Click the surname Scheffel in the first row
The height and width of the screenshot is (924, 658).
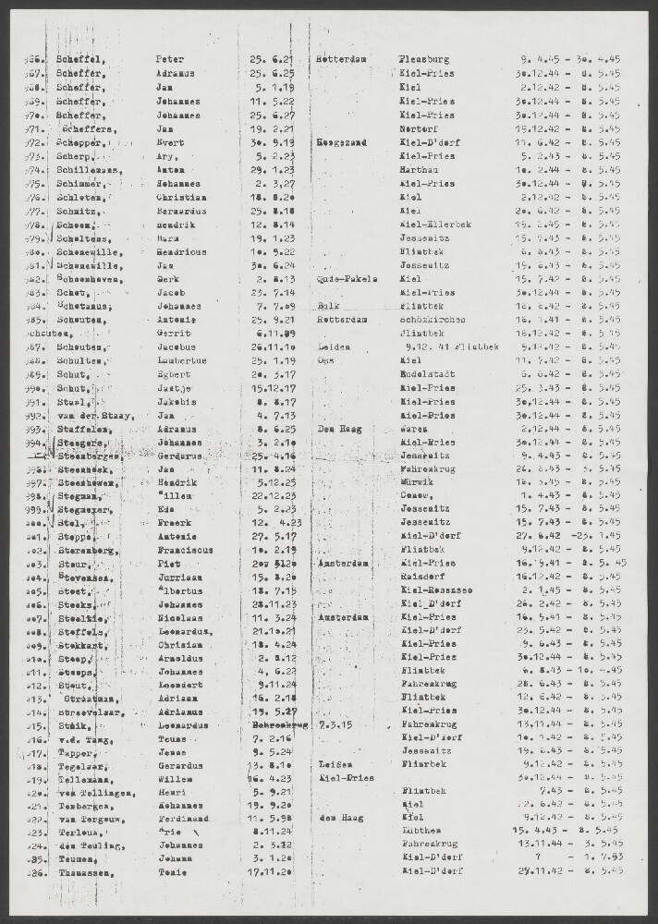click(x=79, y=59)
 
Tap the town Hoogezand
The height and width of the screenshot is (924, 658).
click(x=342, y=143)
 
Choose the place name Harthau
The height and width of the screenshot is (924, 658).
click(x=420, y=170)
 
